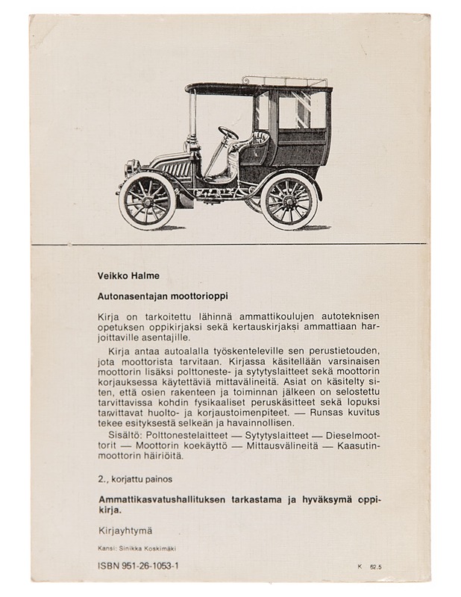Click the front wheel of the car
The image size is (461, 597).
coord(147,200)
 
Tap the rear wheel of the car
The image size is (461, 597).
coord(289,200)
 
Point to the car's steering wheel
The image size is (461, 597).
coord(228,133)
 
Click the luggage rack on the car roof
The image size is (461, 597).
coord(284,81)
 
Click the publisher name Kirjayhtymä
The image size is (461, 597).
coord(125,531)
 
